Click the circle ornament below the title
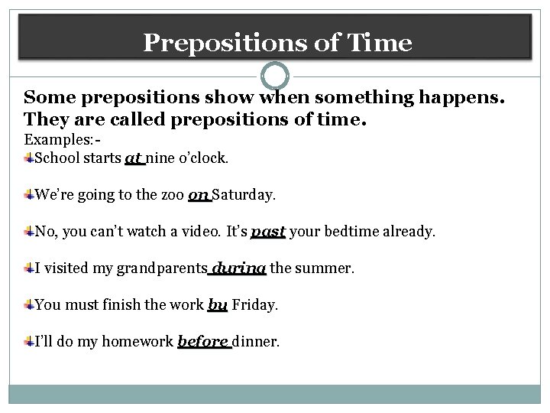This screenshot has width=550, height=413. [275, 76]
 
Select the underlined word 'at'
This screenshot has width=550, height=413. [134, 159]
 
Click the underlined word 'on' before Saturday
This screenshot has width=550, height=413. [199, 195]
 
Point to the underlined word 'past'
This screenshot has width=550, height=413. [267, 231]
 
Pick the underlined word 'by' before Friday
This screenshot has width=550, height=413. [218, 305]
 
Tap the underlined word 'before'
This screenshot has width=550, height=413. [204, 342]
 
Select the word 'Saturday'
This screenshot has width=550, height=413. [244, 195]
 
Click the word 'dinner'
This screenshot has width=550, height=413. [257, 342]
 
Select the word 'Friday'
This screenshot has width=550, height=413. [254, 305]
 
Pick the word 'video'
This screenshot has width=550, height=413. [200, 231]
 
